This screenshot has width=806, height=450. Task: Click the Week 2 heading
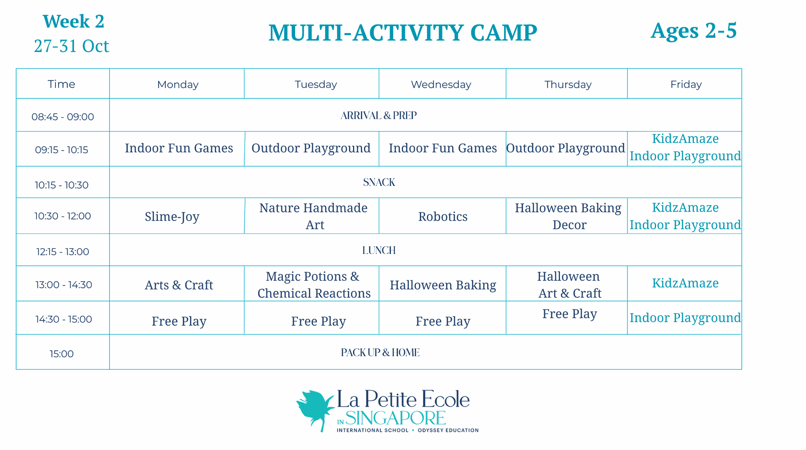point(73,21)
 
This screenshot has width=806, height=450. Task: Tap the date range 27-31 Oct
point(72,46)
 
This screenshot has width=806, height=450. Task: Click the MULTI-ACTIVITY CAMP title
point(403,33)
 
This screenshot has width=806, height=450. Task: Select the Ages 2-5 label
point(693,31)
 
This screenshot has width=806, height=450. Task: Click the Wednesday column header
point(441,84)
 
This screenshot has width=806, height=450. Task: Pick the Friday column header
point(686,84)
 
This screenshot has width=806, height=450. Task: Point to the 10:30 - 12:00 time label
point(63,216)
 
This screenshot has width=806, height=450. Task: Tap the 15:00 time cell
point(62,354)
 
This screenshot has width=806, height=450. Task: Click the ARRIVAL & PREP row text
point(379,115)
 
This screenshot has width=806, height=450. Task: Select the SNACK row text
point(379,182)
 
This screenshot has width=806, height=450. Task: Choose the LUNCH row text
point(379,250)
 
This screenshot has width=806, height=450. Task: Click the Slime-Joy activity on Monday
point(172,217)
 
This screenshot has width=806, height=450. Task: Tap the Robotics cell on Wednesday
point(443,217)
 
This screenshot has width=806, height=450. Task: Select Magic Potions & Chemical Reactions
point(314,285)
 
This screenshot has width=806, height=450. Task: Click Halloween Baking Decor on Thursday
point(568,216)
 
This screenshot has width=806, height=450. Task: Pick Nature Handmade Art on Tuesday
point(314,216)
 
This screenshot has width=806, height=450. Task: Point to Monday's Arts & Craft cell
point(179,285)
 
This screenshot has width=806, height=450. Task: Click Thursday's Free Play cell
point(570,314)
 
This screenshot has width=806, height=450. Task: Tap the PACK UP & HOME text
point(380,353)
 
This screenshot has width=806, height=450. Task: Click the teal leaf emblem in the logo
point(316,409)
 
